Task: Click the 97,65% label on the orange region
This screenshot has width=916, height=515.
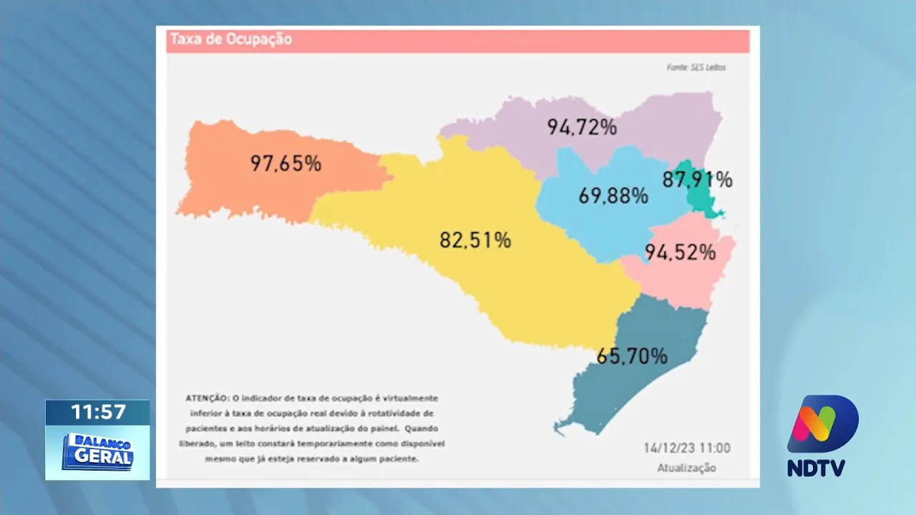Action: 286,163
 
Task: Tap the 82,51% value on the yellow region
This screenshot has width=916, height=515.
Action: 475,240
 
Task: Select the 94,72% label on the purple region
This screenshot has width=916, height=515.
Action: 582,127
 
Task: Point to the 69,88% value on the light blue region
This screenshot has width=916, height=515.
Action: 613,195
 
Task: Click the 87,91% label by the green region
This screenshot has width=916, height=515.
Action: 697,180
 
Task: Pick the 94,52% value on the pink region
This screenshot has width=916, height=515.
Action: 680,252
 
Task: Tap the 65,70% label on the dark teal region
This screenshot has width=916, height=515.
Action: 632,355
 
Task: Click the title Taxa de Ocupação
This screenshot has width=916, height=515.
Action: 230,39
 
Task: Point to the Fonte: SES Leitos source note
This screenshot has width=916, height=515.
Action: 696,67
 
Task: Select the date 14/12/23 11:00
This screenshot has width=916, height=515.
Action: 686,448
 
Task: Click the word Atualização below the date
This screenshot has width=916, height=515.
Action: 686,468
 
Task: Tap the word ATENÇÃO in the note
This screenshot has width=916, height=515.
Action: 207,398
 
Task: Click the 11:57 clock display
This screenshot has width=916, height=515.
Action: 98,412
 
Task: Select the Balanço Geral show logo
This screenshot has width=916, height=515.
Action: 98,451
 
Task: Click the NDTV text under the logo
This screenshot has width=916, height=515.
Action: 816,469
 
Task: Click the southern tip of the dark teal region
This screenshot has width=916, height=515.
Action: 559,429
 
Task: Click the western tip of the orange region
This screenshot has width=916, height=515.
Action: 179,212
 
